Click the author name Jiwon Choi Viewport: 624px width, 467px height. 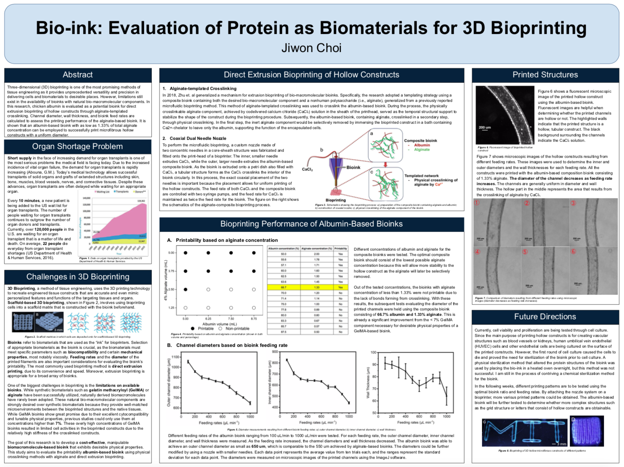311,48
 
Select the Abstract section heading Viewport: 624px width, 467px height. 78,75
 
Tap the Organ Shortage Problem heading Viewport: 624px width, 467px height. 77,146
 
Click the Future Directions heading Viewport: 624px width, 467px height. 545,317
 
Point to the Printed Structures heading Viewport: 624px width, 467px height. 545,75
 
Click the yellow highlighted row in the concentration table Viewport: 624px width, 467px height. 308,287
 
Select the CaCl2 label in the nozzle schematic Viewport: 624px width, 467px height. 307,169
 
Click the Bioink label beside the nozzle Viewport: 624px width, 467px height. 353,168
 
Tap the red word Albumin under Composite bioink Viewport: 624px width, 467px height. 422,145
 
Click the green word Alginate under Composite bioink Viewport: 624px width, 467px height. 422,150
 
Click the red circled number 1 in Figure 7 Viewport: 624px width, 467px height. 477,203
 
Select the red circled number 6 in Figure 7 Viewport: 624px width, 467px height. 573,252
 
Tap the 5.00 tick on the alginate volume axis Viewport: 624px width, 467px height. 171,253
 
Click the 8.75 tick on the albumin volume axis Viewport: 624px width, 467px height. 254,319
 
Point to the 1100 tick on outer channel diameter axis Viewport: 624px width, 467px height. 175,357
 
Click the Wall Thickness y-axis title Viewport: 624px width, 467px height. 368,382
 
